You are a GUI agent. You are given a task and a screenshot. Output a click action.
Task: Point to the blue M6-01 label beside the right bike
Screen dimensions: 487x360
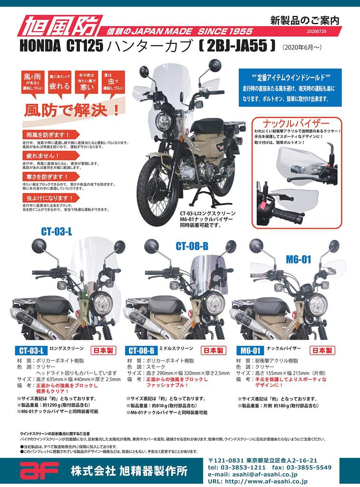tap(298, 259)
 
